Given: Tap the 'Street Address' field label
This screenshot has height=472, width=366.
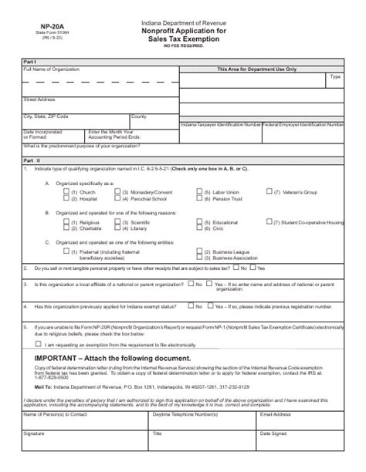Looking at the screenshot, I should [x=39, y=99].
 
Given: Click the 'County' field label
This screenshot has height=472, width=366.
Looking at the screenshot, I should [x=139, y=116].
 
